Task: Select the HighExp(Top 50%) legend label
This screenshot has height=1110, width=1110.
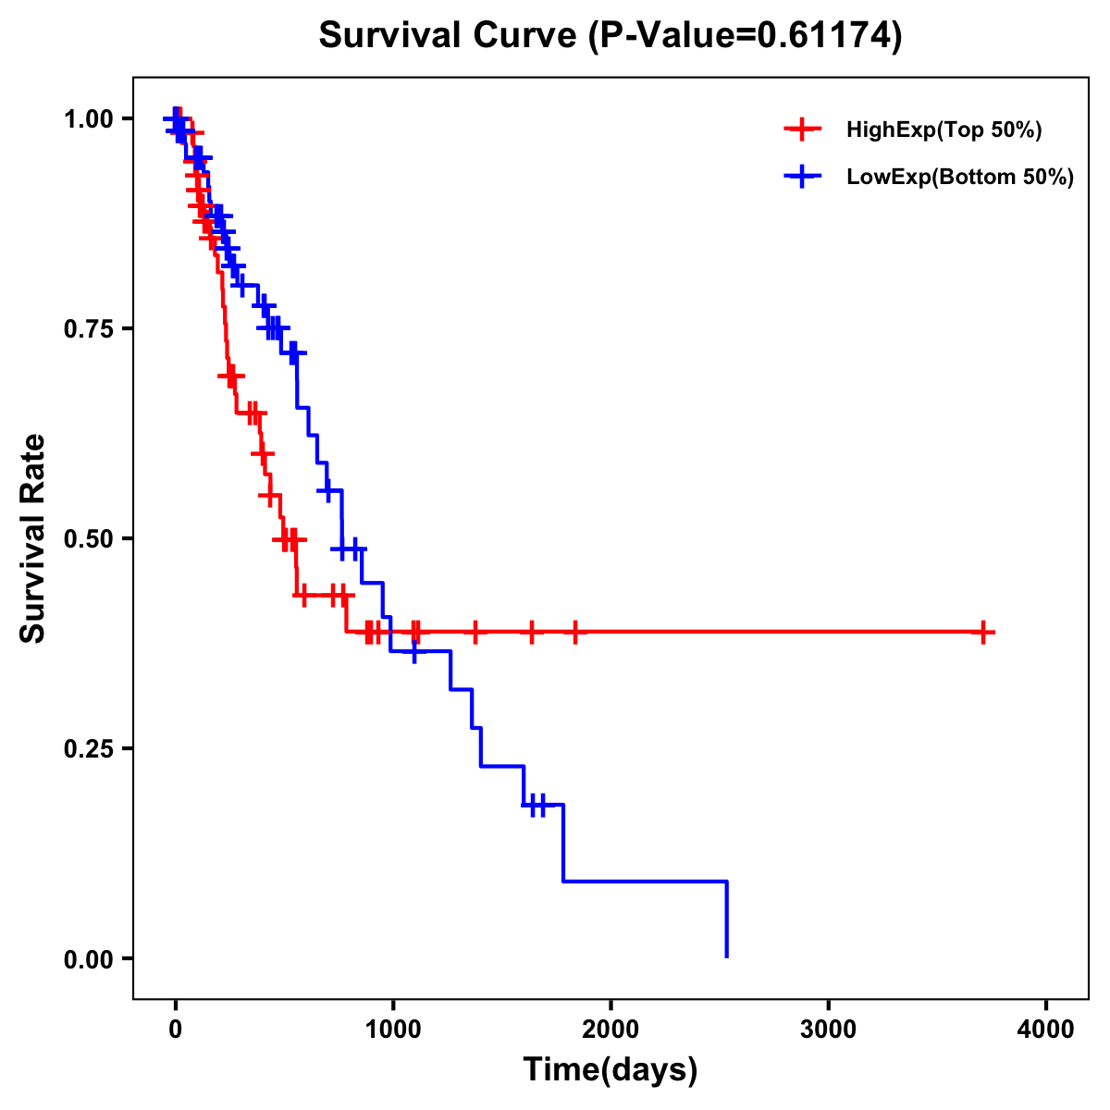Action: (944, 130)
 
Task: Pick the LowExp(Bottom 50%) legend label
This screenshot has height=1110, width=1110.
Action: (960, 178)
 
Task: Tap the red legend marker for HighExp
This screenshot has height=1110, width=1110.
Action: (802, 130)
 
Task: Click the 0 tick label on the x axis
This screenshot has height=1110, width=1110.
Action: (175, 1030)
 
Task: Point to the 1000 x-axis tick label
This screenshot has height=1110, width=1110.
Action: (393, 1030)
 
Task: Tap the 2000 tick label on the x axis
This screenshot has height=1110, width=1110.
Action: (610, 1030)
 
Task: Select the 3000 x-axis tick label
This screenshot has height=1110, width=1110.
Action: (828, 1030)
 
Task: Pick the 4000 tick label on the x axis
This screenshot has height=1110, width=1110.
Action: (1046, 1030)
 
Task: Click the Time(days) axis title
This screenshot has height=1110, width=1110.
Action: (610, 1070)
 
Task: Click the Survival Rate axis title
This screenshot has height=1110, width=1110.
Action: (33, 538)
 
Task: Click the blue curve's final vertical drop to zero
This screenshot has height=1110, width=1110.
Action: (727, 920)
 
